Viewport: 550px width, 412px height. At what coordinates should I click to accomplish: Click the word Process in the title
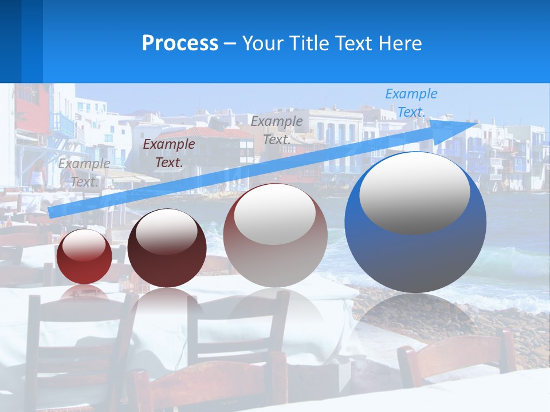180,43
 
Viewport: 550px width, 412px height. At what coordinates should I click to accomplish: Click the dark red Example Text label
168,153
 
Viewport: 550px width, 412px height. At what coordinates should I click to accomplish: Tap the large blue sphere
415,257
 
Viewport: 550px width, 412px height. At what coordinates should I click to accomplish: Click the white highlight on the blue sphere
414,192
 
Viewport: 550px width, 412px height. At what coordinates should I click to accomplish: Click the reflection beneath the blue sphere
415,320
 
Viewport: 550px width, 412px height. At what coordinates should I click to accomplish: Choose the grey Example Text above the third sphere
277,130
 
